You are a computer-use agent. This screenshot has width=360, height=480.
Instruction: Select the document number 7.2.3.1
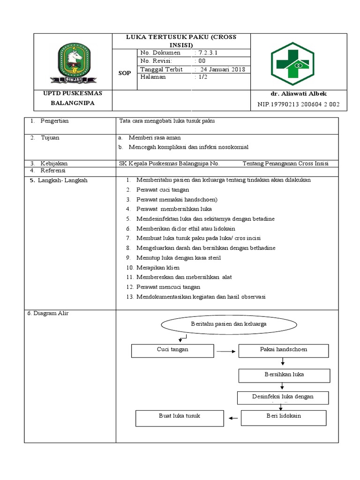(x=206, y=53)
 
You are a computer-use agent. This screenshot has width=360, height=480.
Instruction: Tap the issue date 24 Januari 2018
(x=221, y=69)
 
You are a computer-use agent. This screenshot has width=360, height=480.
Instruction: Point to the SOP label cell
(x=124, y=74)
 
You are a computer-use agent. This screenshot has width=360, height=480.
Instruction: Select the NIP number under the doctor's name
(x=299, y=104)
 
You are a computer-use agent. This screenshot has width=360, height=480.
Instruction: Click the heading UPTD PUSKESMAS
(x=72, y=93)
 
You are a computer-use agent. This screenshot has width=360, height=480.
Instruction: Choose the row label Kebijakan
(x=53, y=164)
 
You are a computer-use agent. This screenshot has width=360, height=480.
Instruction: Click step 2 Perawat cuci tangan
(x=162, y=190)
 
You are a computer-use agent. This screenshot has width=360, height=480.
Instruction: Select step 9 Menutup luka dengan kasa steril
(x=178, y=257)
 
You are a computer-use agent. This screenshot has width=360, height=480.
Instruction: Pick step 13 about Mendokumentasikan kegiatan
(x=201, y=296)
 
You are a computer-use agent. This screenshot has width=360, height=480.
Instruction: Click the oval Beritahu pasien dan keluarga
(x=229, y=324)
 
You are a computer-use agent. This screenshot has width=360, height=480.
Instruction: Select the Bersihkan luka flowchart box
(x=284, y=375)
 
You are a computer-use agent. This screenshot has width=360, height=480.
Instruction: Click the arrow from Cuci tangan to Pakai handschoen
(x=227, y=351)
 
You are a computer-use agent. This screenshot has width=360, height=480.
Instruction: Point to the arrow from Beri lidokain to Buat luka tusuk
(x=233, y=417)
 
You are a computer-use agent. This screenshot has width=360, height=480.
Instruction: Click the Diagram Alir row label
(x=48, y=313)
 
